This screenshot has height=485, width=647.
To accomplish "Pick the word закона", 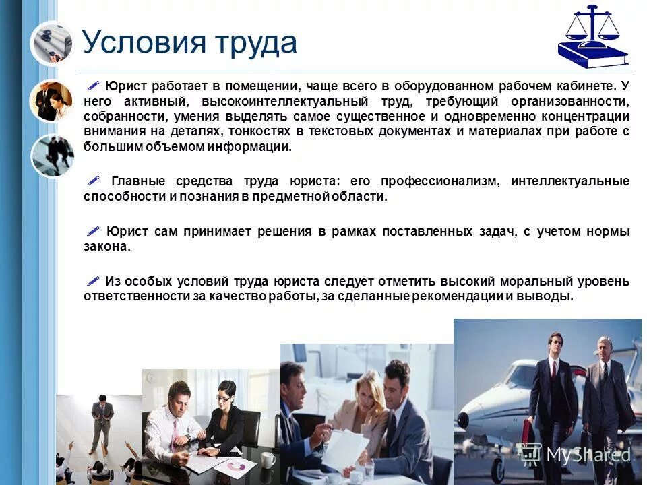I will pyautogui.click(x=106, y=247).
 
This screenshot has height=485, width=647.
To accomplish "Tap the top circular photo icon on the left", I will pyautogui.click(x=51, y=42).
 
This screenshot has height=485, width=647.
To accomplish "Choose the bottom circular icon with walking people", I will pyautogui.click(x=52, y=156).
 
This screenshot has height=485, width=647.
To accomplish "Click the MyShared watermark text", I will pyautogui.click(x=588, y=455).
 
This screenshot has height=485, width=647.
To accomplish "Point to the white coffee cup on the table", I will pyautogui.click(x=268, y=459).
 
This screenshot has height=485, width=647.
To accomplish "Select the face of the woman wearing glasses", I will pyautogui.click(x=226, y=397).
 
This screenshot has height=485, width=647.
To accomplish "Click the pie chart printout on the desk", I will pyautogui.click(x=235, y=465).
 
